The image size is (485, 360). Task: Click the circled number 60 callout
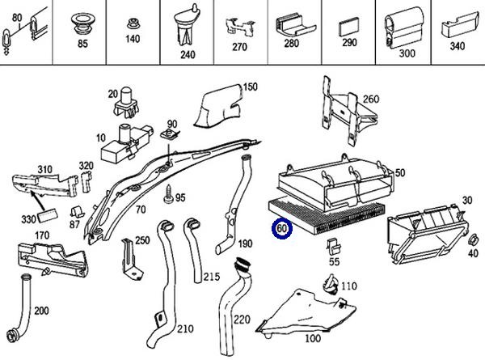pos(282,229)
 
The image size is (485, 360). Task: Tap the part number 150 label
pos(250,87)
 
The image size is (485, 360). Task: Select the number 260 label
pos(371,100)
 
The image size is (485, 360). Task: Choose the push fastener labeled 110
pos(330,284)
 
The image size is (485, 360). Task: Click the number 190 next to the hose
pos(244,243)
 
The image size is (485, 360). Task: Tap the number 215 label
pos(211,277)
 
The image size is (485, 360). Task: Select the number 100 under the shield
pos(312,337)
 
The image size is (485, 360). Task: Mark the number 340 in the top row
pos(457,46)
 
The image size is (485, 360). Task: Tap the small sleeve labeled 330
pos(48,215)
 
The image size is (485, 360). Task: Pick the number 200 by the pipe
pos(41,311)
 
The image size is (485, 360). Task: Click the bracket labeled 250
pos(129,258)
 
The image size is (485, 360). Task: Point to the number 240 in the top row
pos(188,55)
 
